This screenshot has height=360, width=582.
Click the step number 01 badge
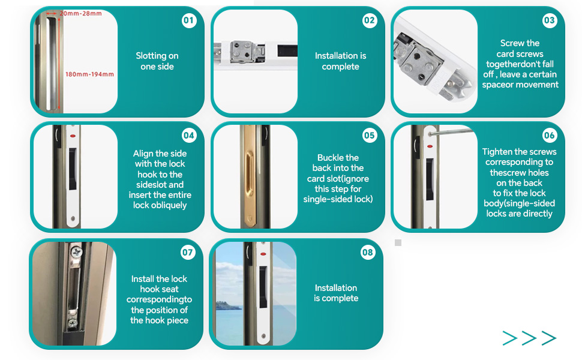coord(189,20)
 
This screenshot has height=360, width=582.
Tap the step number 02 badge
coord(370,20)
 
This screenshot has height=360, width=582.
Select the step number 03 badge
coord(550,20)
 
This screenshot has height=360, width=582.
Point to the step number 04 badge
coord(189,136)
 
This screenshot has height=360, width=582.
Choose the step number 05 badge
coord(370,136)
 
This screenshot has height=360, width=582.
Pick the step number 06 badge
coord(550,136)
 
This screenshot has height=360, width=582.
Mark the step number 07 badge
coord(188,253)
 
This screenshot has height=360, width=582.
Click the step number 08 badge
coord(368,253)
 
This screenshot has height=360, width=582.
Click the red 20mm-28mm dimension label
coord(80,13)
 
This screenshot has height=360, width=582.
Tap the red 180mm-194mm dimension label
coord(89,74)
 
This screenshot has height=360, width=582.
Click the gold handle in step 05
coord(250,173)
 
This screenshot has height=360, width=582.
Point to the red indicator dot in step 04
coord(73,136)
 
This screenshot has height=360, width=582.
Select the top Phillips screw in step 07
coord(77,253)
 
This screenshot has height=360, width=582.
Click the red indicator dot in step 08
coord(263,254)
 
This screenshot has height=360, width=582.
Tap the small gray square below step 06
coord(398,243)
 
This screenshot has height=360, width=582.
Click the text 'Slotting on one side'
coord(157,61)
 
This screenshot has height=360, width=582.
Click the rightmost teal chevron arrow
coord(548,338)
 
